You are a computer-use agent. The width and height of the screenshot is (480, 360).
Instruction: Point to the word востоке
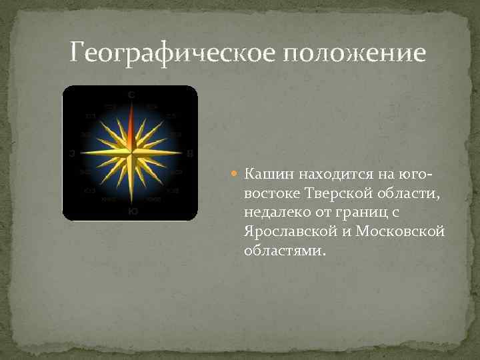point(273,193)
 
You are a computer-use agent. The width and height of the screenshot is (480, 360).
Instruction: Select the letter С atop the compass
point(131,95)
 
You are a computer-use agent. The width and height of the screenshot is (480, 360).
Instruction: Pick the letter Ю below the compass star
point(133,211)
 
